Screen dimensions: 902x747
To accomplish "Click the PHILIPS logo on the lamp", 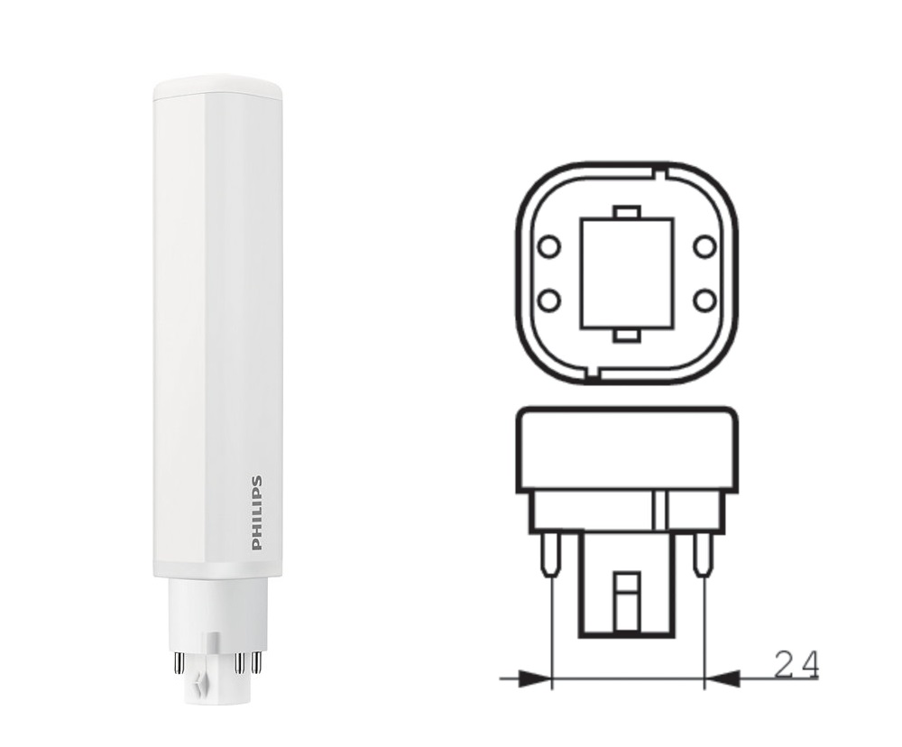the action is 256,512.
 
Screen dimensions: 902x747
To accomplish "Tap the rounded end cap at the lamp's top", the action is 217,86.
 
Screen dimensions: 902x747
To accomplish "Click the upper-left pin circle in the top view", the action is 548,247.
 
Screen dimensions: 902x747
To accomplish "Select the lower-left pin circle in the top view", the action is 548,300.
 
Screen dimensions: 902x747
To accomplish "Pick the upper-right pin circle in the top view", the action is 704,247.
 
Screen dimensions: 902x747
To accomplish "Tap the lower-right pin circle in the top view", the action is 704,300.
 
